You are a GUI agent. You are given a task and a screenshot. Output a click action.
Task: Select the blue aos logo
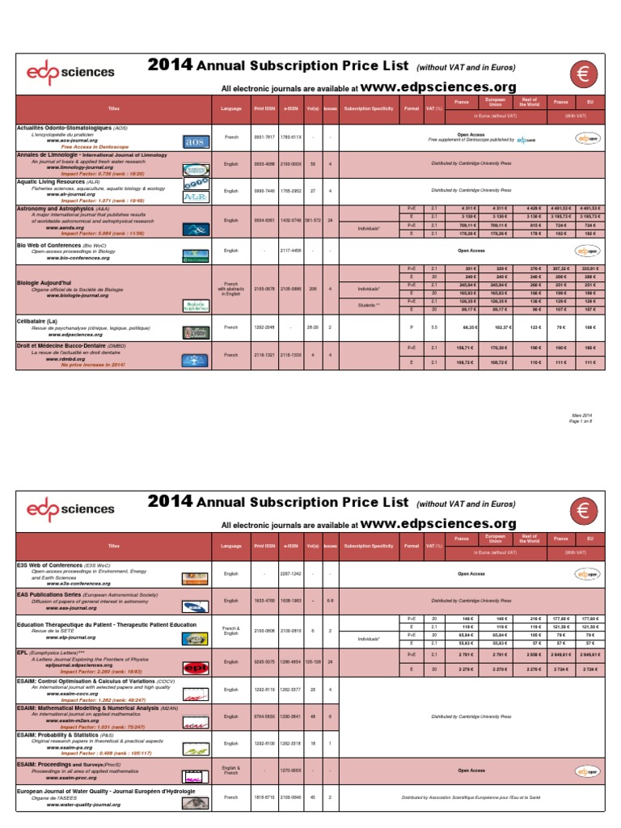pyautogui.click(x=196, y=142)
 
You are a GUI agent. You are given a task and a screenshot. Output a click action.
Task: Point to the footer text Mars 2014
pyautogui.click(x=593, y=415)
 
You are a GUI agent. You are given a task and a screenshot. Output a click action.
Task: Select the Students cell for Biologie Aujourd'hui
pyautogui.click(x=366, y=305)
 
